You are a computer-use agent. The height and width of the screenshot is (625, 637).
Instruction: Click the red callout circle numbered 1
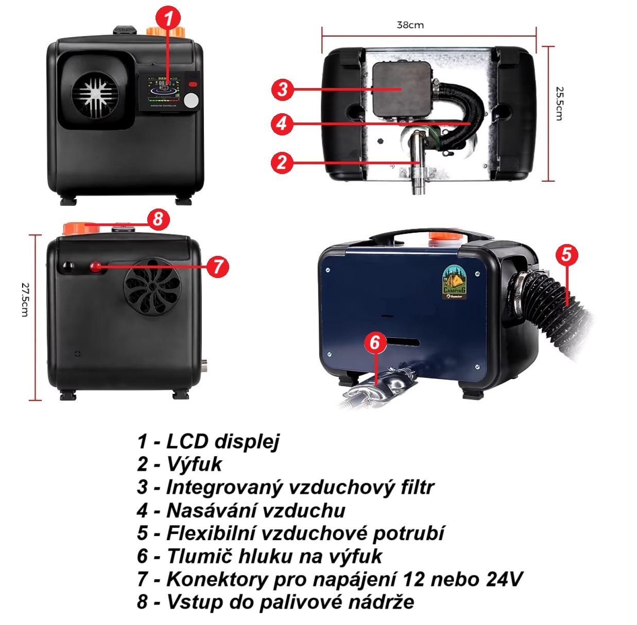pyautogui.click(x=168, y=19)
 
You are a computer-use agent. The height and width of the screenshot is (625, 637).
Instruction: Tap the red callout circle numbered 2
pyautogui.click(x=282, y=162)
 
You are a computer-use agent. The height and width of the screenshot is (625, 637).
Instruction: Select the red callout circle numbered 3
pyautogui.click(x=282, y=89)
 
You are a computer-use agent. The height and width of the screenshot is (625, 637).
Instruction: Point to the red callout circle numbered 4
pyautogui.click(x=282, y=124)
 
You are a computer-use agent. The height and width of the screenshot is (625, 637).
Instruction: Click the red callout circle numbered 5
pyautogui.click(x=566, y=254)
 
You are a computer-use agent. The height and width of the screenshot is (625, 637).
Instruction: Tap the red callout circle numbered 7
pyautogui.click(x=218, y=266)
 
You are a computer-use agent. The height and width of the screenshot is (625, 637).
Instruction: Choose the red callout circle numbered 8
pyautogui.click(x=158, y=219)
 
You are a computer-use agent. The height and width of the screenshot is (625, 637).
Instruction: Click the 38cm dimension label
pyautogui.click(x=410, y=25)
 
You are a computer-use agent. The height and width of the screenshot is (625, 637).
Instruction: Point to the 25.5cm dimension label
pyautogui.click(x=560, y=103)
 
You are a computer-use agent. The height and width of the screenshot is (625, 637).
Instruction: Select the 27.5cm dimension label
pyautogui.click(x=25, y=299)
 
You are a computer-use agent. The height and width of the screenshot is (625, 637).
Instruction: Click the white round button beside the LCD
pyautogui.click(x=191, y=100)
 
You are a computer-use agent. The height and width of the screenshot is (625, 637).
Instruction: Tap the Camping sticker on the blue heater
pyautogui.click(x=454, y=282)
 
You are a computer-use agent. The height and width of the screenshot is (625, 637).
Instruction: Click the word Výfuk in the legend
pyautogui.click(x=194, y=464)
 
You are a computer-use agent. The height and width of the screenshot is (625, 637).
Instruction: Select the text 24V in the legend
pyautogui.click(x=504, y=579)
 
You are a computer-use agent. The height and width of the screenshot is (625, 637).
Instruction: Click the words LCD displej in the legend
pyautogui.click(x=222, y=441)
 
